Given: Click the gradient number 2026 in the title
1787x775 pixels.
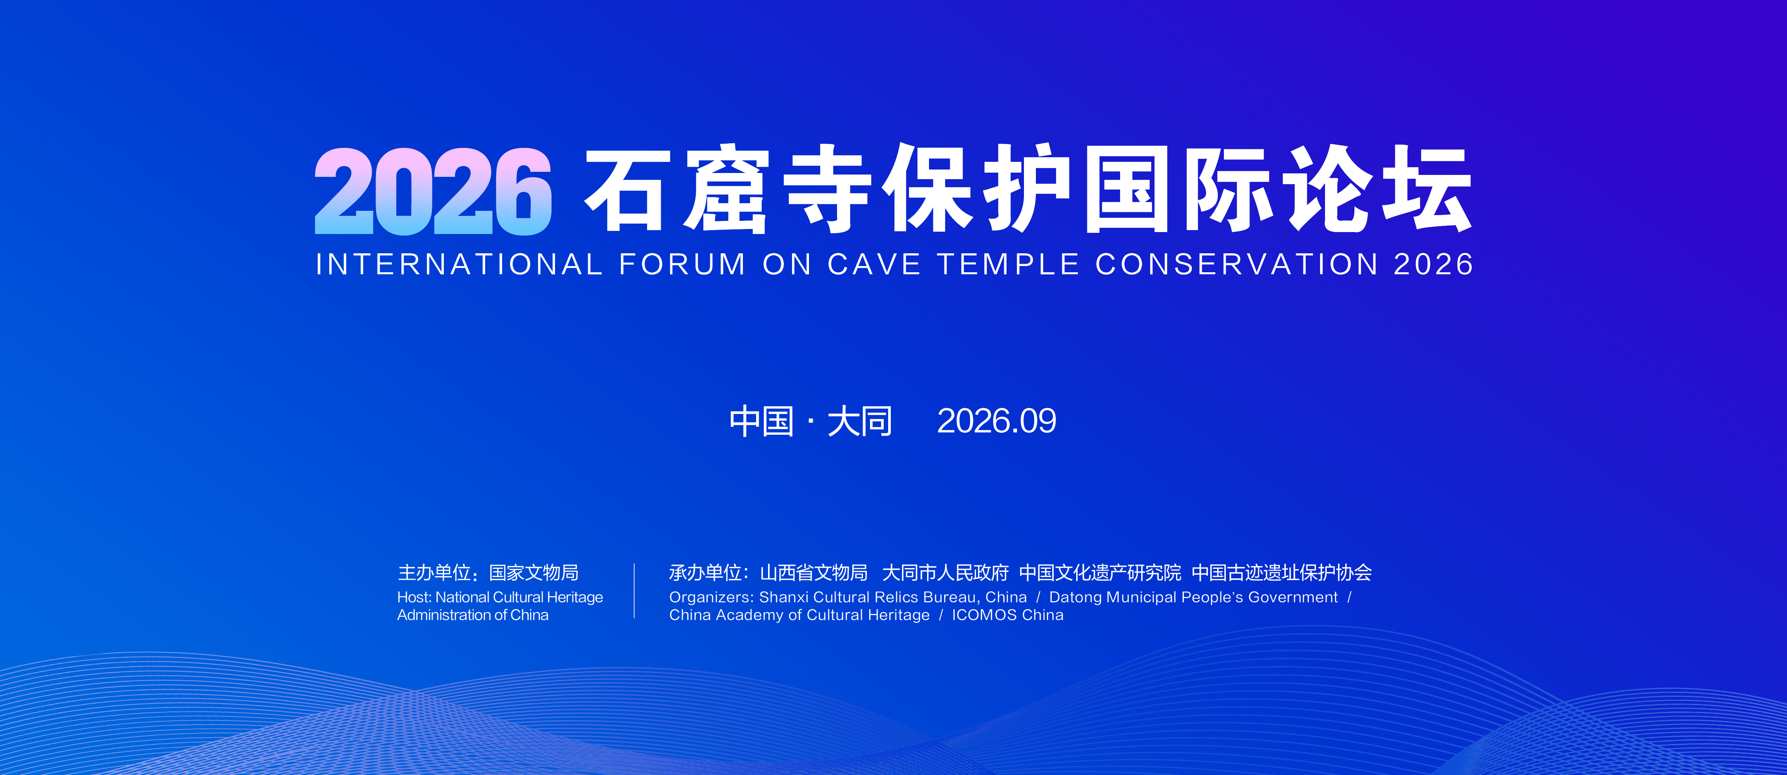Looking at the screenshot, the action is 433,191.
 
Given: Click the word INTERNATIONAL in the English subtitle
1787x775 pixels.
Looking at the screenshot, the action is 459,265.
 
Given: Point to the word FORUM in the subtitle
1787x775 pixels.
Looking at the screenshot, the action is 682,265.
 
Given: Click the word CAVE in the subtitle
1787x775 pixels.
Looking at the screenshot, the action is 874,265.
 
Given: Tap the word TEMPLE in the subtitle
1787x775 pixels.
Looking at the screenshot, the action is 1008,265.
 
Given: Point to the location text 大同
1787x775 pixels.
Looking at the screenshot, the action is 860,421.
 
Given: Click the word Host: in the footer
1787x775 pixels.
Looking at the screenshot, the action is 414,597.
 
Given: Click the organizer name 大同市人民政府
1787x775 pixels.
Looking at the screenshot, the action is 945,573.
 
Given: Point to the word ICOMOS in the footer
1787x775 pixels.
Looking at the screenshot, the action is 984,616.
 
